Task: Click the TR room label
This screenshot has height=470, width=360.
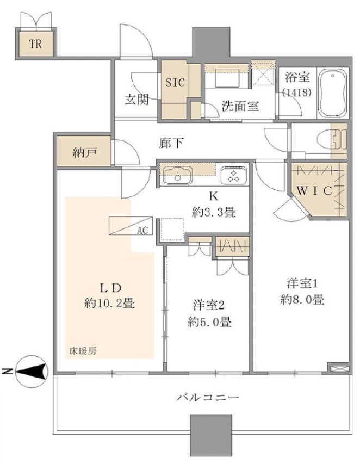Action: [x=35, y=44]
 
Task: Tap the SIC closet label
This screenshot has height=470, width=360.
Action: [x=175, y=82]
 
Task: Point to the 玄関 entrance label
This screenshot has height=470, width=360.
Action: [x=136, y=99]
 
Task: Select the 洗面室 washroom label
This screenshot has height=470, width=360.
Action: [x=240, y=106]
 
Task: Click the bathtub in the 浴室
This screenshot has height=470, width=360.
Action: [x=333, y=94]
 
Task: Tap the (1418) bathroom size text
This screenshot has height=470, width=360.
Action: [x=297, y=92]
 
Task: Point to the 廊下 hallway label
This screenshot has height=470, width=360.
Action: [x=171, y=143]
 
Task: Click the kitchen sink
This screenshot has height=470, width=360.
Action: [x=178, y=175]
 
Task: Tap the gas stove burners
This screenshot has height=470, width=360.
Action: [x=234, y=175]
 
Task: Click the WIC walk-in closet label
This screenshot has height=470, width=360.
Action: [x=314, y=190]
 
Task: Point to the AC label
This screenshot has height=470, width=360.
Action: [x=142, y=230]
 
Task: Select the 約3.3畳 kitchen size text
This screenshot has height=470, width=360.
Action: [x=214, y=213]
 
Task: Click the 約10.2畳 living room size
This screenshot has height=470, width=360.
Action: [x=109, y=304]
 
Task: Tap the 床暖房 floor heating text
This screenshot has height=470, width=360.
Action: [x=83, y=351]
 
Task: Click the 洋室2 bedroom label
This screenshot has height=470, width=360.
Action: [x=209, y=305]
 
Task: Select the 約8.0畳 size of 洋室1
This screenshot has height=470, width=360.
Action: [x=302, y=299]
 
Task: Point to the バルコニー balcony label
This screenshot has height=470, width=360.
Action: [x=208, y=398]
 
